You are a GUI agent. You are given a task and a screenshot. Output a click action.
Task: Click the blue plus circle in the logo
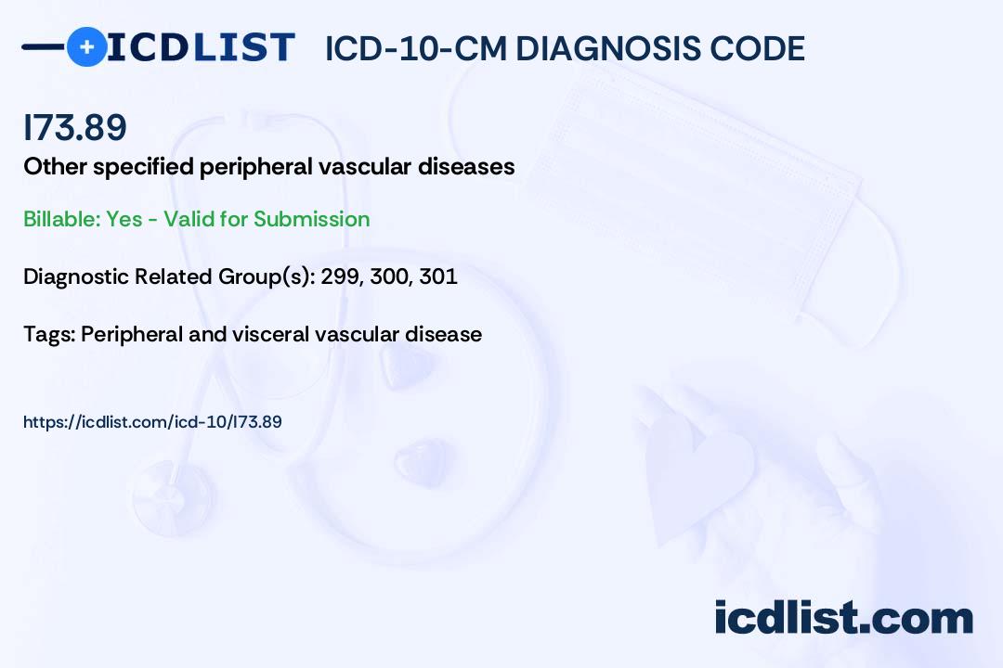[x=86, y=46]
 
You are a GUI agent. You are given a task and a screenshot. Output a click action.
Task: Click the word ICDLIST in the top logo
[x=201, y=47]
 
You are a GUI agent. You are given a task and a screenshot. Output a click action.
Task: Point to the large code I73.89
[x=75, y=127]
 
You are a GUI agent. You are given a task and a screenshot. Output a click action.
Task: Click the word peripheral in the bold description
[x=256, y=167]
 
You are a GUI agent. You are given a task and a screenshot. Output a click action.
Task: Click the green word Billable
[x=62, y=219]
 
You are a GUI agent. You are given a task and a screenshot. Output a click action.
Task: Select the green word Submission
[x=311, y=219]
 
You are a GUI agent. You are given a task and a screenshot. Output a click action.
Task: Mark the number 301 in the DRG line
[x=438, y=276]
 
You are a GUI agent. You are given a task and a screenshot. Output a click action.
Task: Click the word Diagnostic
[x=77, y=277]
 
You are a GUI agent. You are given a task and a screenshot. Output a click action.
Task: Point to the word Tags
[x=49, y=335]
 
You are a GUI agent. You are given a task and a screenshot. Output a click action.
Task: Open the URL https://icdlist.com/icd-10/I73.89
[x=152, y=422]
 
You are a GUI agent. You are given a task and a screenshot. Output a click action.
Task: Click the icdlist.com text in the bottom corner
[x=843, y=618]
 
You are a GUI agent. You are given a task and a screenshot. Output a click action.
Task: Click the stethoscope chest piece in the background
[x=173, y=497]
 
